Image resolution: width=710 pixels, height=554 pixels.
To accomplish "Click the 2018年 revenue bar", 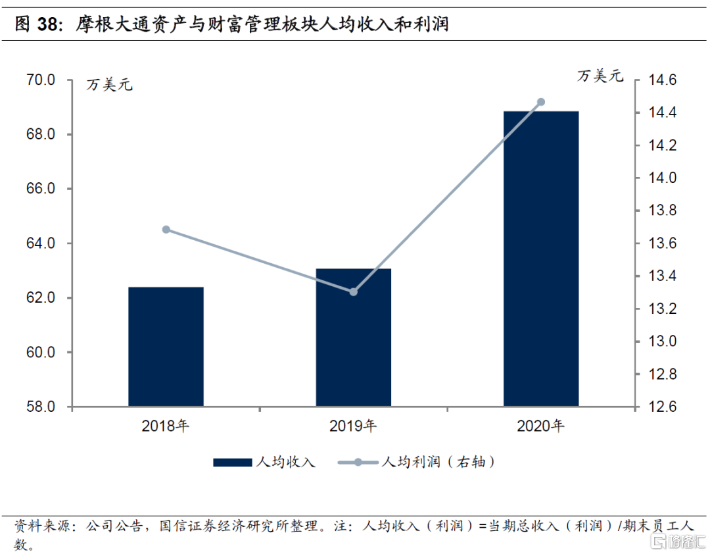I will click(x=166, y=347).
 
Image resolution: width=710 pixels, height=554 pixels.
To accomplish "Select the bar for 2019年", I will click(x=354, y=338).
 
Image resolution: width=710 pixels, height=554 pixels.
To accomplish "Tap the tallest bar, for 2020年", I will click(x=541, y=259).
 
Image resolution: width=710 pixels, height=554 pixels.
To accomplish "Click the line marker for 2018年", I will click(x=166, y=230).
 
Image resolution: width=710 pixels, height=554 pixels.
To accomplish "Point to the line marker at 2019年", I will click(x=354, y=291).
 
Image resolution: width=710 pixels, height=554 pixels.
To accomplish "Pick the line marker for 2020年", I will click(x=541, y=102).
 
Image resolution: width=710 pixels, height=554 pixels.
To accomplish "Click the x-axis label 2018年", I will click(x=166, y=426).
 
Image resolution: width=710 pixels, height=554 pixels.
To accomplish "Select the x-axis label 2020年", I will click(x=541, y=426).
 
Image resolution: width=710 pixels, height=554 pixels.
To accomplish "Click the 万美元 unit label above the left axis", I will click(x=109, y=84).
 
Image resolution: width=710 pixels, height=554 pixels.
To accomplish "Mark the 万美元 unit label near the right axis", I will click(x=600, y=76).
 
